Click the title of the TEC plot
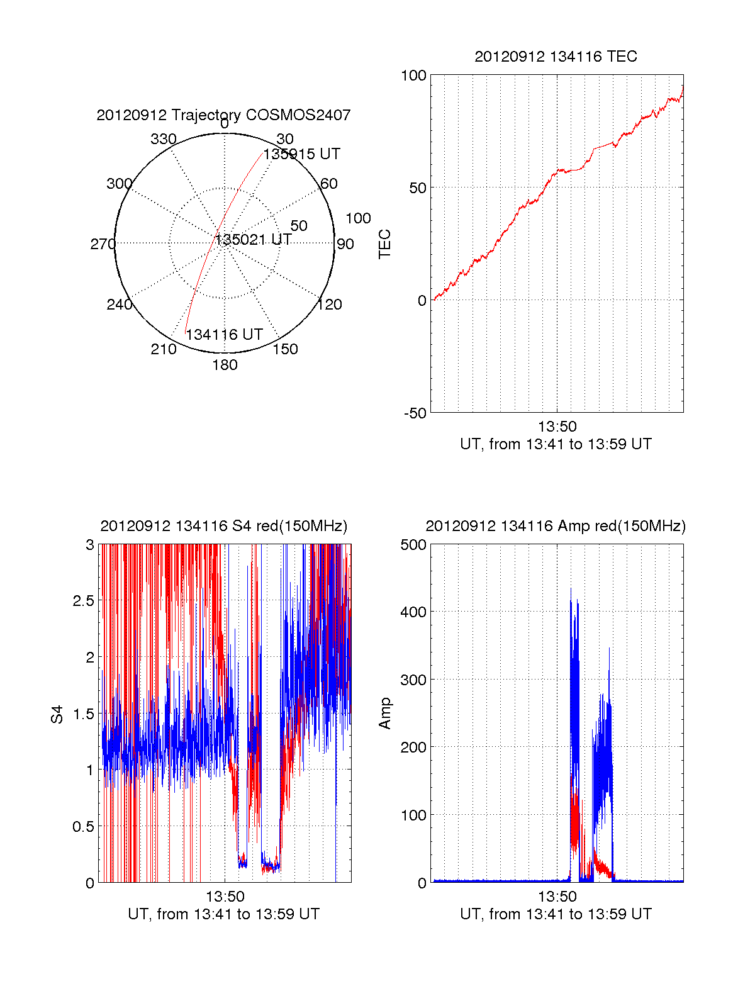556,57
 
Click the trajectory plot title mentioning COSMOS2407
223,115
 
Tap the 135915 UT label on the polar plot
301,154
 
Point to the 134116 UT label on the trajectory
224,335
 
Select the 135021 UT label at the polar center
254,240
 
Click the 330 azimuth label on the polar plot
163,139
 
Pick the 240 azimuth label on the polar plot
120,305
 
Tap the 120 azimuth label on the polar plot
330,305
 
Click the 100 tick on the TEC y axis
413,76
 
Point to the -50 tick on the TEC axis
415,413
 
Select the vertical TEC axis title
384,244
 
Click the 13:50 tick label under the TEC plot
557,427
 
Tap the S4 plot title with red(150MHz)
223,526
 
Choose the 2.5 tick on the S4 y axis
83,601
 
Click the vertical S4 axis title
57,714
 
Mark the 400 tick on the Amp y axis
413,612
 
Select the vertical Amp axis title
384,714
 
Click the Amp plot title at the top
556,526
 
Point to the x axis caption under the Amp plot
556,914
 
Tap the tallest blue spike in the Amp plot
571,590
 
